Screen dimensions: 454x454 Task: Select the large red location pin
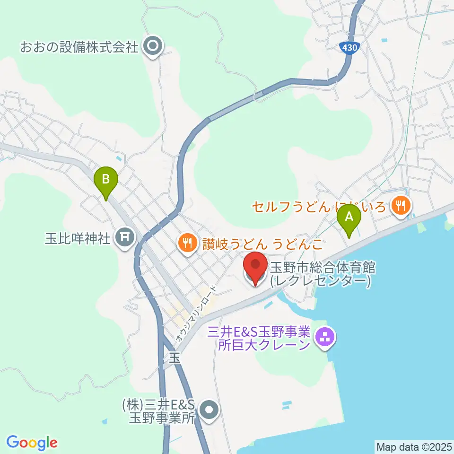point(255,268)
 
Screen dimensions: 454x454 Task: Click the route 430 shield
point(349,47)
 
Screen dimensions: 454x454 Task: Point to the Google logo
point(32,443)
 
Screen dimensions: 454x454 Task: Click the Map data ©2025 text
point(413,446)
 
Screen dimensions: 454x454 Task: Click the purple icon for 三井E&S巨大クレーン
point(325,338)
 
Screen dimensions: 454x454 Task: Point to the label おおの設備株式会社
point(79,47)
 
